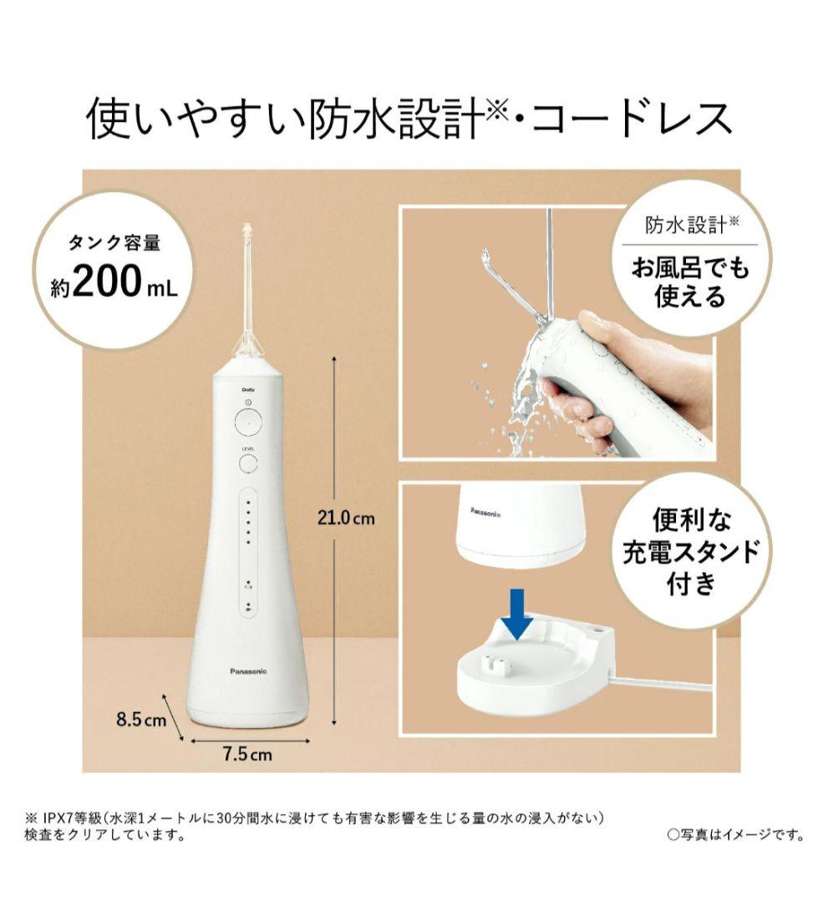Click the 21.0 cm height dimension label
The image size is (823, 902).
coord(346,518)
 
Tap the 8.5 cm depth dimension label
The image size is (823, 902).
coord(141,719)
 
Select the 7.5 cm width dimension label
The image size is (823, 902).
coord(247,754)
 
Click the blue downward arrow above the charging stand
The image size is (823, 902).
coord(517,614)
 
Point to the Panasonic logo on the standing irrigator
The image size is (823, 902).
coord(248,671)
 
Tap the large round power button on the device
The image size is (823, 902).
coord(248,423)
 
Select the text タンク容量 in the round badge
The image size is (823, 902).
coord(114,243)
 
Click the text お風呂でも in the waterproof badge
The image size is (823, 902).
coord(690,268)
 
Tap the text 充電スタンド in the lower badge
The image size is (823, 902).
coord(691,551)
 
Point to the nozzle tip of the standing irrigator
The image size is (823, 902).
coord(246,226)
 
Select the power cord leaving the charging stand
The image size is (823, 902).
coord(662,683)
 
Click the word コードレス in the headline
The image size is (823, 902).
coord(632,119)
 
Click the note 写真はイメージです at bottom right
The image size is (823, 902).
coord(736,834)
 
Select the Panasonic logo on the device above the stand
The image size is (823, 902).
coord(485,512)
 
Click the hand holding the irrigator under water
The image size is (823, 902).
coord(610,374)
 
